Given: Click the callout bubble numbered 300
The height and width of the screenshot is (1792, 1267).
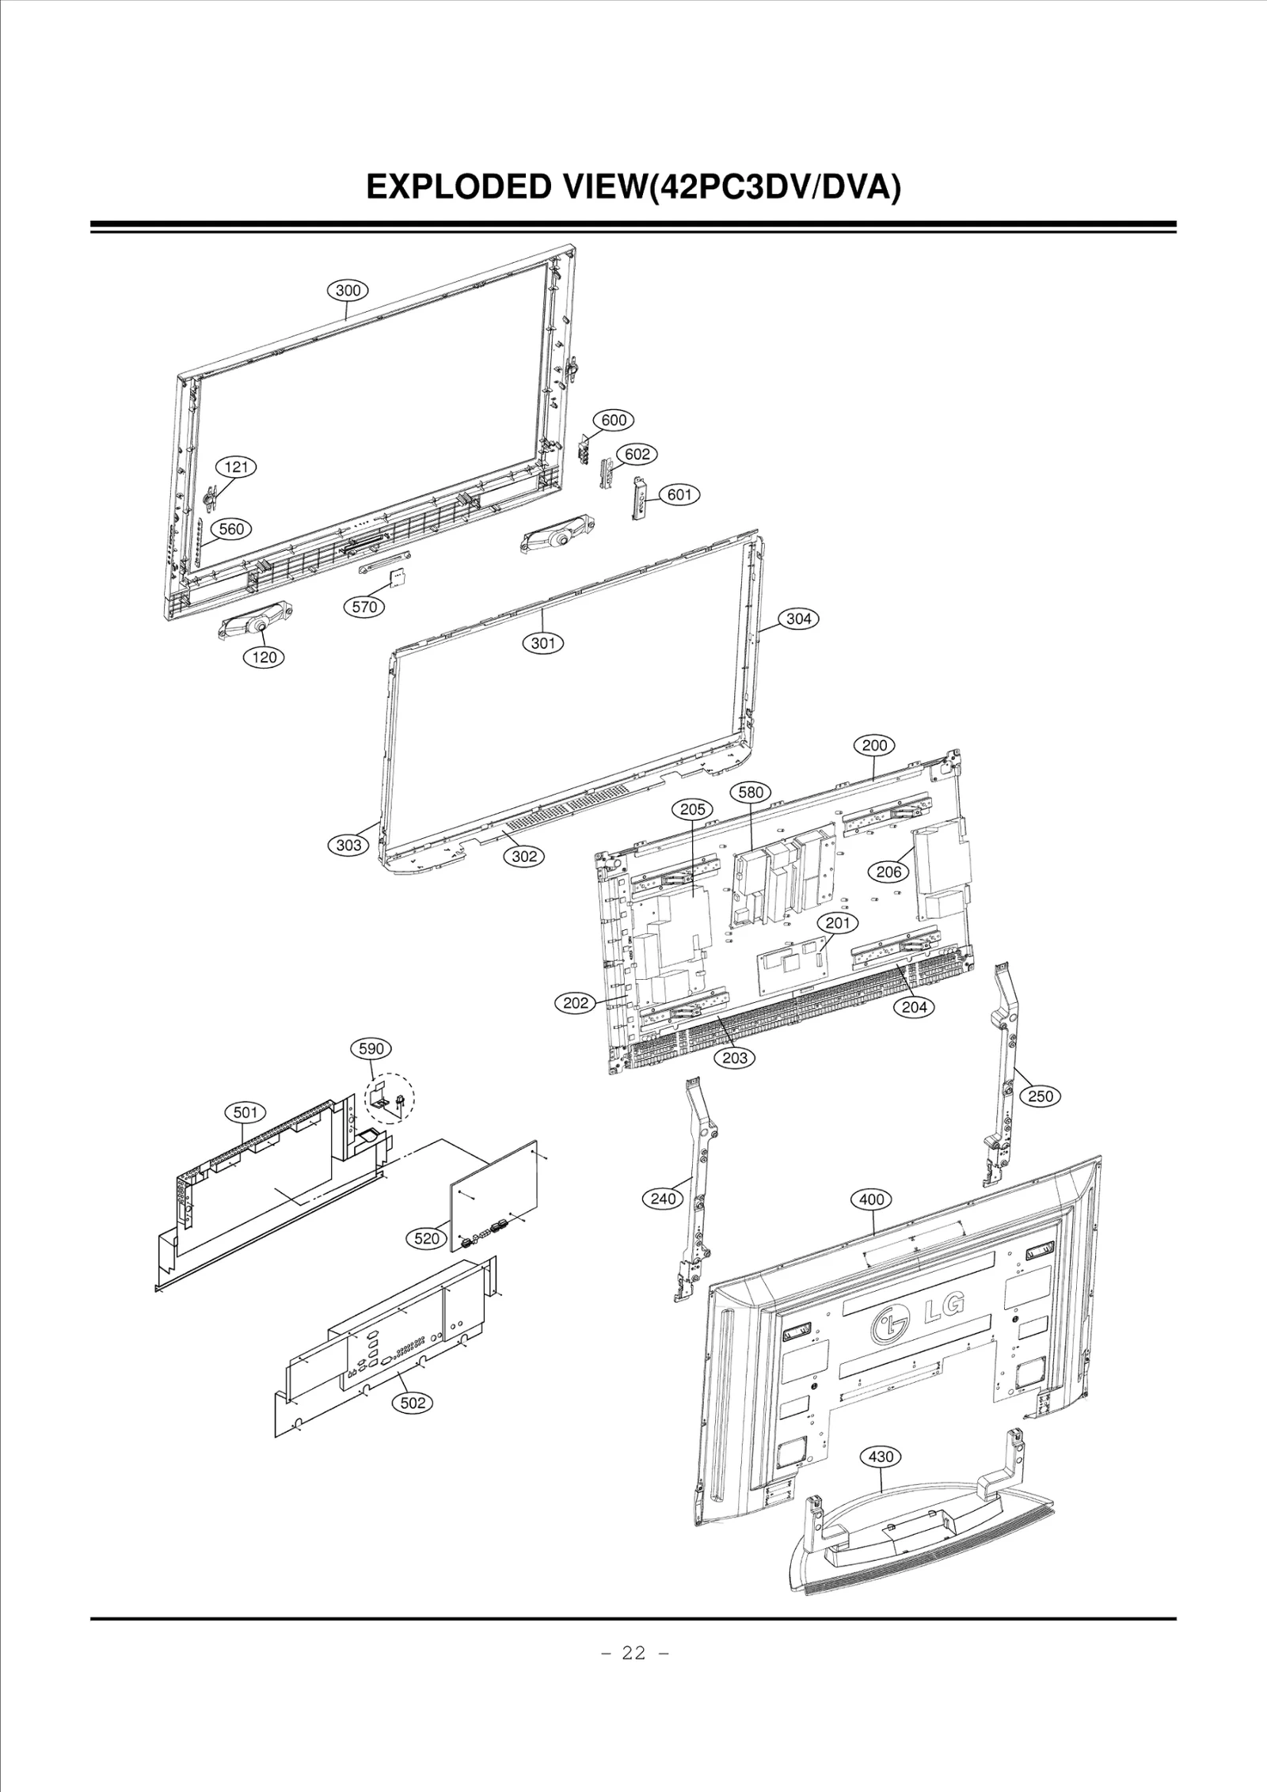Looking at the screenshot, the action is pos(348,290).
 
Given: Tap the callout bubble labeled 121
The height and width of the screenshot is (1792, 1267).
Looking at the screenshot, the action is pos(236,467).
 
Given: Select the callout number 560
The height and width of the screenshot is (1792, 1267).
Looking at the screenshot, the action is pos(231,529).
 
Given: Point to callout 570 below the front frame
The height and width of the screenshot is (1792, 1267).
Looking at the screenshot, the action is pos(364,607).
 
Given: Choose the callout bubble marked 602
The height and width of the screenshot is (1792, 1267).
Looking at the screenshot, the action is pos(637,454).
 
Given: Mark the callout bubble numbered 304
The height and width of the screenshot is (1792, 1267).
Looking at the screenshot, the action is pos(798,619).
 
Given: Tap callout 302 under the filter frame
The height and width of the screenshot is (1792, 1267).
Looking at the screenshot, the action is pos(524,856).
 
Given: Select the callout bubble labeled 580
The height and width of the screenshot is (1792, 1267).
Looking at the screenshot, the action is pos(750,792).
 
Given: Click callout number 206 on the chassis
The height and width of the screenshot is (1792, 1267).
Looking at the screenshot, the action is pos(888,872).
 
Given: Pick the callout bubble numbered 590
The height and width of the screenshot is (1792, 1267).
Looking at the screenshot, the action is pos(371,1049).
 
